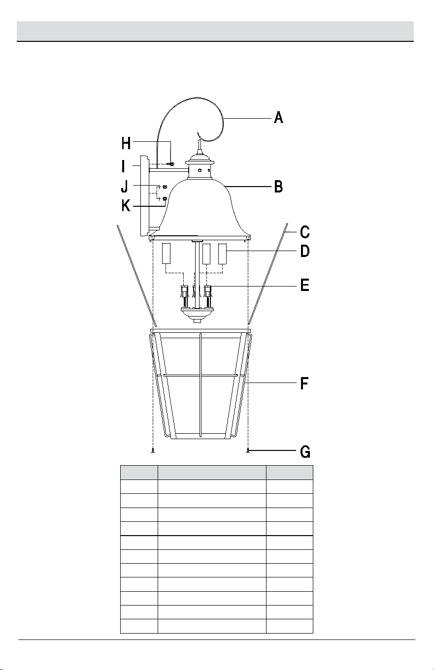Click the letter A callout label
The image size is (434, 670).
pos(278,118)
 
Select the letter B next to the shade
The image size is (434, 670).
pos(278,187)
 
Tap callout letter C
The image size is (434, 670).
pos(305,232)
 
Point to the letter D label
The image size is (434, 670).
pos(305,251)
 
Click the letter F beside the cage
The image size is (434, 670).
pos(304,383)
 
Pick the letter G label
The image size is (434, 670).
pos(305,452)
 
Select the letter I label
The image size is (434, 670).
pos(123,166)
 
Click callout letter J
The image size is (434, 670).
pos(125,187)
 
